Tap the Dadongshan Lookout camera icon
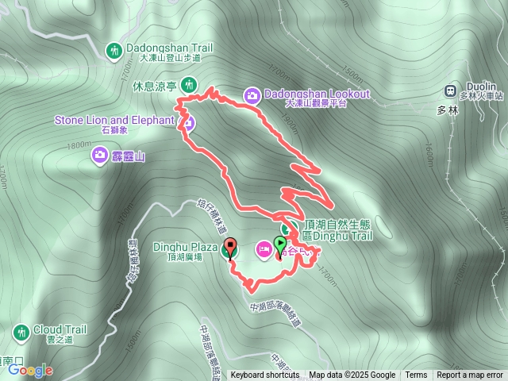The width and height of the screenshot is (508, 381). click(x=252, y=94)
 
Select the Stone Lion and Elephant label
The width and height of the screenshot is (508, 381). click(x=114, y=121)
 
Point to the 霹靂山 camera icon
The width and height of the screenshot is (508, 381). click(x=101, y=154)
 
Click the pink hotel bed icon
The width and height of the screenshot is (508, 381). click(x=262, y=250)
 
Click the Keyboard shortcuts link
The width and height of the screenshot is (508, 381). click(x=265, y=375)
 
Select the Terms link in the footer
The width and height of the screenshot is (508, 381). click(x=416, y=375)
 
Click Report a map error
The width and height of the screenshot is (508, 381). click(x=471, y=375)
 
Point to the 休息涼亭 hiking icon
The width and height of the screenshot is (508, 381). click(x=188, y=84)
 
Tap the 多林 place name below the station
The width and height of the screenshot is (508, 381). click(x=448, y=111)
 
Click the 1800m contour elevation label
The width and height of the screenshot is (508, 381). click(x=79, y=144)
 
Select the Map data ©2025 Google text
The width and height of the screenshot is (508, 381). click(x=352, y=375)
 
